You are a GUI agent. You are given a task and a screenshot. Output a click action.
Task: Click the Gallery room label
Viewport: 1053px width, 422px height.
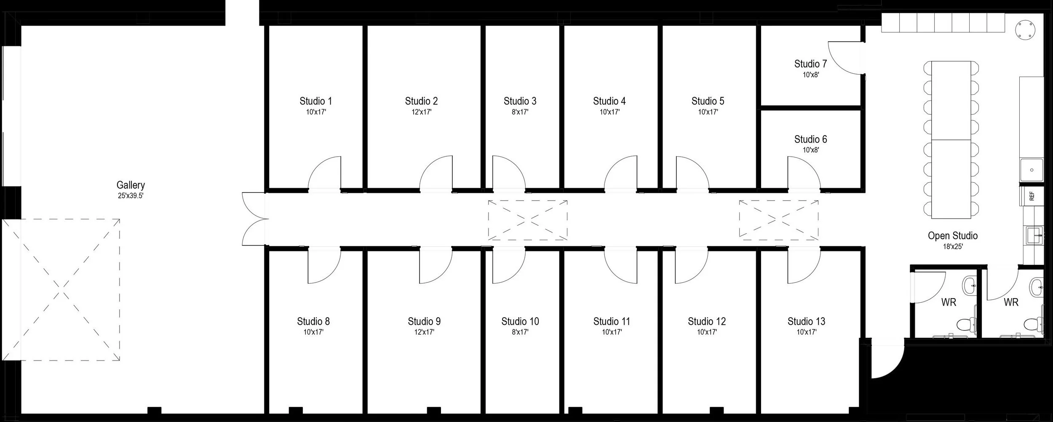point(131,185)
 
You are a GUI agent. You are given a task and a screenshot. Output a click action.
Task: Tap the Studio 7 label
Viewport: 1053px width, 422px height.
point(810,64)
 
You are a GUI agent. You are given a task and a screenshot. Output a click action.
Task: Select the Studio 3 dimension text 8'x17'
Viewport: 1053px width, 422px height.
point(520,112)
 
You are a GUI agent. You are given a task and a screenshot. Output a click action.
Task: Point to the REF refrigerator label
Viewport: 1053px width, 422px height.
point(1032,196)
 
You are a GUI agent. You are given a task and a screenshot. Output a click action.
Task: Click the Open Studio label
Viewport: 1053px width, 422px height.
point(952,236)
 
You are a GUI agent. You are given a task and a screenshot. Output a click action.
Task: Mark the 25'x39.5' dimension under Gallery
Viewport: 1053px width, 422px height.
point(131,196)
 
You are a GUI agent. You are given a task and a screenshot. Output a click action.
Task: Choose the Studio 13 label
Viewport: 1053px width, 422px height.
point(806,321)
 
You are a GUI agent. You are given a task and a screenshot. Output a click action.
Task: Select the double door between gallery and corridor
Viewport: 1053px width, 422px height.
point(254,219)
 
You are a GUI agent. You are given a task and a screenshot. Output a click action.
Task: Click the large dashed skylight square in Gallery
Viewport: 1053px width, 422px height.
point(63,290)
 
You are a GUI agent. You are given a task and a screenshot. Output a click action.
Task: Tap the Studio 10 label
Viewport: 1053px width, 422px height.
point(520,321)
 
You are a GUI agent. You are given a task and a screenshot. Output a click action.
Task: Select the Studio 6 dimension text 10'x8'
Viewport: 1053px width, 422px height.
point(810,150)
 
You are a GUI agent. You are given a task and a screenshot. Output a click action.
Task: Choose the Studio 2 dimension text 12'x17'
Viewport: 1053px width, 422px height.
point(421,112)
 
